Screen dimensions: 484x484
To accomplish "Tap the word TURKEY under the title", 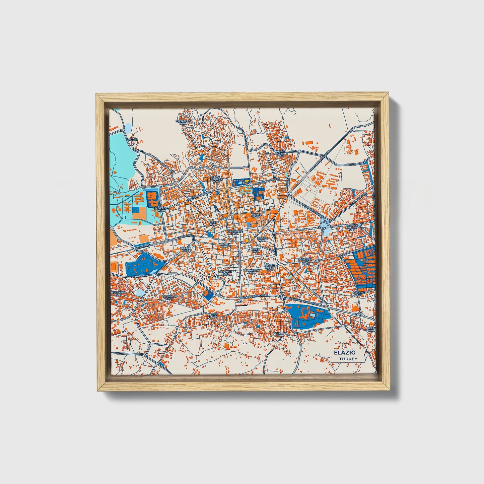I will pyautogui.click(x=348, y=359).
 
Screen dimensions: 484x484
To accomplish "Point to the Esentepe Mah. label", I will pyautogui.click(x=183, y=122).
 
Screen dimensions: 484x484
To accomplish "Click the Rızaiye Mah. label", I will pyautogui.click(x=256, y=215).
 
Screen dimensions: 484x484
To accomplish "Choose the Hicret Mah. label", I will pyautogui.click(x=213, y=316).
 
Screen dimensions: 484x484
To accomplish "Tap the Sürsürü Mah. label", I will pyautogui.click(x=118, y=294).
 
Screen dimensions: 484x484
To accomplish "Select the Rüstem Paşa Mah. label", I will pyautogui.click(x=270, y=267).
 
